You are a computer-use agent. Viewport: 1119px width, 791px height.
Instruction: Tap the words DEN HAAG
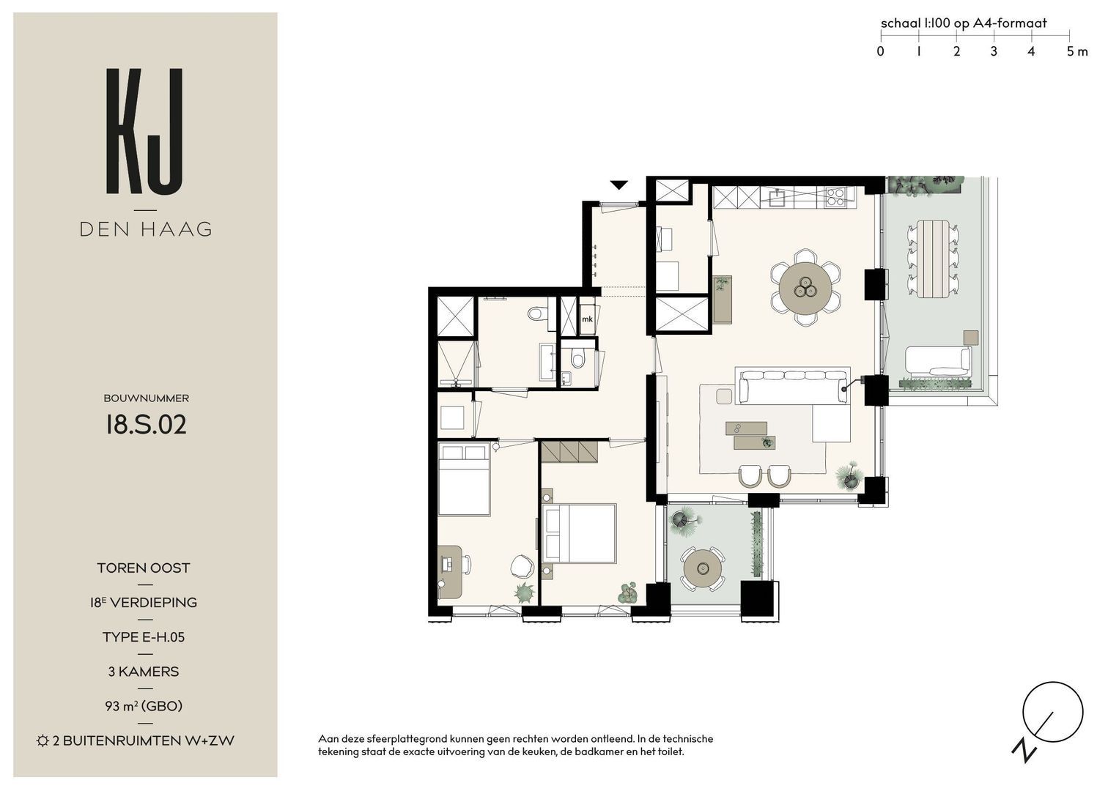[x=145, y=229]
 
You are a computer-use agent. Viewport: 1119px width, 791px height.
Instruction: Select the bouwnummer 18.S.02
[x=146, y=425]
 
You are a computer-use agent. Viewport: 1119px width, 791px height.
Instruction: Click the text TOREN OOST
[x=144, y=568]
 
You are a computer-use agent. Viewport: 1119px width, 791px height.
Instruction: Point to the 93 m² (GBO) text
[x=144, y=706]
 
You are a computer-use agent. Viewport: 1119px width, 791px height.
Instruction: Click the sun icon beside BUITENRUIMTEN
[x=43, y=740]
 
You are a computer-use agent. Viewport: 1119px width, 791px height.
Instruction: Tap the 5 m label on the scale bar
[x=1077, y=51]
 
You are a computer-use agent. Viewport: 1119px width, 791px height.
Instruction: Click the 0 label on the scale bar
[x=880, y=51]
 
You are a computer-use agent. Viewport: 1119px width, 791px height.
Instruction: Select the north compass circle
[x=1052, y=712]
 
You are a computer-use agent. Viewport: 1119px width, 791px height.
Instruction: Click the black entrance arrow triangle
[x=619, y=185]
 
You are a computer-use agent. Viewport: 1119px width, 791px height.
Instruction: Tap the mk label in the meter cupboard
[x=587, y=319]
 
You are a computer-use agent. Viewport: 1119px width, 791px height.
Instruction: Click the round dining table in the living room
[x=805, y=288]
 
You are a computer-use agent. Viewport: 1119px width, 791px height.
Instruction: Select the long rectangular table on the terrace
[x=932, y=259]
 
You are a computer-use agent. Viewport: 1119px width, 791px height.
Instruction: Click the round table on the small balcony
[x=703, y=568]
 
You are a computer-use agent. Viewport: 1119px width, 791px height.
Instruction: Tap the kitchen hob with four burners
[x=835, y=196]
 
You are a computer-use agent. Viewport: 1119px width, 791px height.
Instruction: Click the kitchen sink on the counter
[x=778, y=197]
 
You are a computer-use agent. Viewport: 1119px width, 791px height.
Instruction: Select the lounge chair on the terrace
[x=938, y=360]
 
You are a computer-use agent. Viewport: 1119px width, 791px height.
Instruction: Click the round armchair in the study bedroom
[x=522, y=565]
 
